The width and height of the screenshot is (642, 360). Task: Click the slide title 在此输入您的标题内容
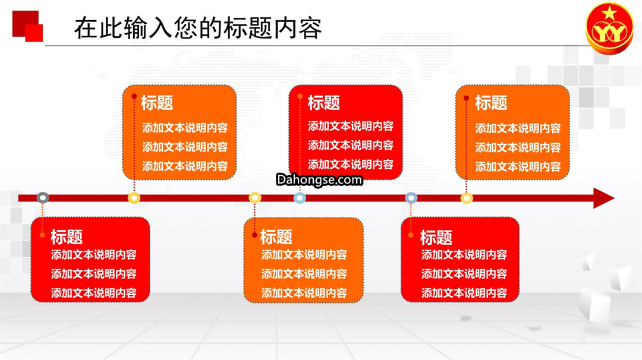click(198, 28)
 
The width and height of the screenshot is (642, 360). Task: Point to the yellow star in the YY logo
click(609, 14)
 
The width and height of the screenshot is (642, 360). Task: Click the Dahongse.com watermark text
click(319, 179)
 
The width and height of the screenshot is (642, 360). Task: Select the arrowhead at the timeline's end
click(603, 198)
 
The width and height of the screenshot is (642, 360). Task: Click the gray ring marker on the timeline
click(43, 198)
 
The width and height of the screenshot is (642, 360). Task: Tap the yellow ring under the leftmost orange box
click(134, 198)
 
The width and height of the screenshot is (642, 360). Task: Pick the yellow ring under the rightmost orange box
click(467, 198)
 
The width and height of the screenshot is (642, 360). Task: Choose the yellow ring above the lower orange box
click(254, 198)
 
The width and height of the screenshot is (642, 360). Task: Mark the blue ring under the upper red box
click(300, 198)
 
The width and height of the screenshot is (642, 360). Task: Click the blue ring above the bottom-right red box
click(411, 198)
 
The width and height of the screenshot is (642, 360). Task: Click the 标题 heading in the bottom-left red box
click(67, 237)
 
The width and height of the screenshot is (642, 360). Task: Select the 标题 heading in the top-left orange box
click(157, 102)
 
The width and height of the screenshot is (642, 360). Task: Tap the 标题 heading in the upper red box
click(323, 102)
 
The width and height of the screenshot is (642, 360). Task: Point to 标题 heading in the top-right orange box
click(491, 103)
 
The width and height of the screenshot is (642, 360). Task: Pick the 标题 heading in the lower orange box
click(276, 237)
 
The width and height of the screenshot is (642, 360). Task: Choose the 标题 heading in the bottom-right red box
click(436, 237)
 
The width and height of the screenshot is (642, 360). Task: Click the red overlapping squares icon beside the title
click(27, 26)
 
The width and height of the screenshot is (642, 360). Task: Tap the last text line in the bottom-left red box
click(94, 293)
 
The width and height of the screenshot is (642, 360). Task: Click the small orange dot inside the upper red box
click(300, 97)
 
